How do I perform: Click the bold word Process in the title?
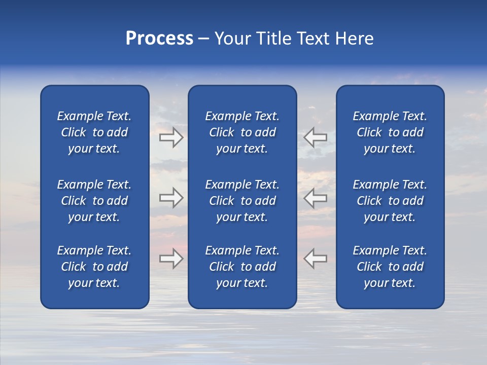coord(159,39)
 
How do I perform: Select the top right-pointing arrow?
coord(171,137)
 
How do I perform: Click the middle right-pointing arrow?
coord(171,198)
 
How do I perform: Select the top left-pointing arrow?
coord(316,137)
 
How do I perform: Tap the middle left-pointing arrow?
coord(316,198)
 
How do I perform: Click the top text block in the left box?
coord(94,132)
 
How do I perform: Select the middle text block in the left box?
coord(94,201)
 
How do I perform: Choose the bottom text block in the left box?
coord(94,267)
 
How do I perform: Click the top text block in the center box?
coord(242,132)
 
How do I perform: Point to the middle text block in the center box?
coord(242,201)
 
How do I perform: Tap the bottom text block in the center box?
coord(242,267)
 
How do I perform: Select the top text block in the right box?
coord(390,132)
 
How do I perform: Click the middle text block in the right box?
coord(390,201)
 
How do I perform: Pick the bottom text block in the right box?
coord(390,267)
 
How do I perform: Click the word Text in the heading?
coord(312,39)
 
